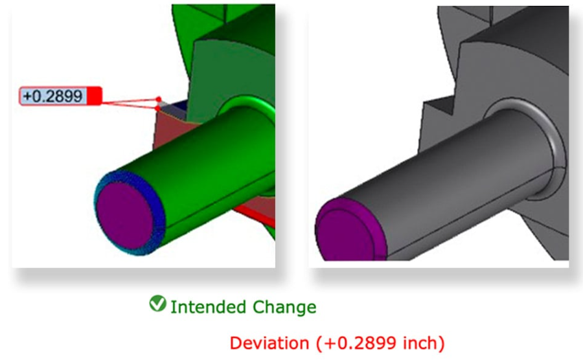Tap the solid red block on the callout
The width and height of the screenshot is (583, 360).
pos(94,96)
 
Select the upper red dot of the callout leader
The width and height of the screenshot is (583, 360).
pos(159,99)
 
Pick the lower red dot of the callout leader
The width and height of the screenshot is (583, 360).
pos(157,109)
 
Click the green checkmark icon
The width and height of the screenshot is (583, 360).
pos(157,303)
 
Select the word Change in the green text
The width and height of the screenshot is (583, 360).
pos(284,307)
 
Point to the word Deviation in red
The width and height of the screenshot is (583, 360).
pos(269,343)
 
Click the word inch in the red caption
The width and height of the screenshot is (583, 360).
pos(419,343)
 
